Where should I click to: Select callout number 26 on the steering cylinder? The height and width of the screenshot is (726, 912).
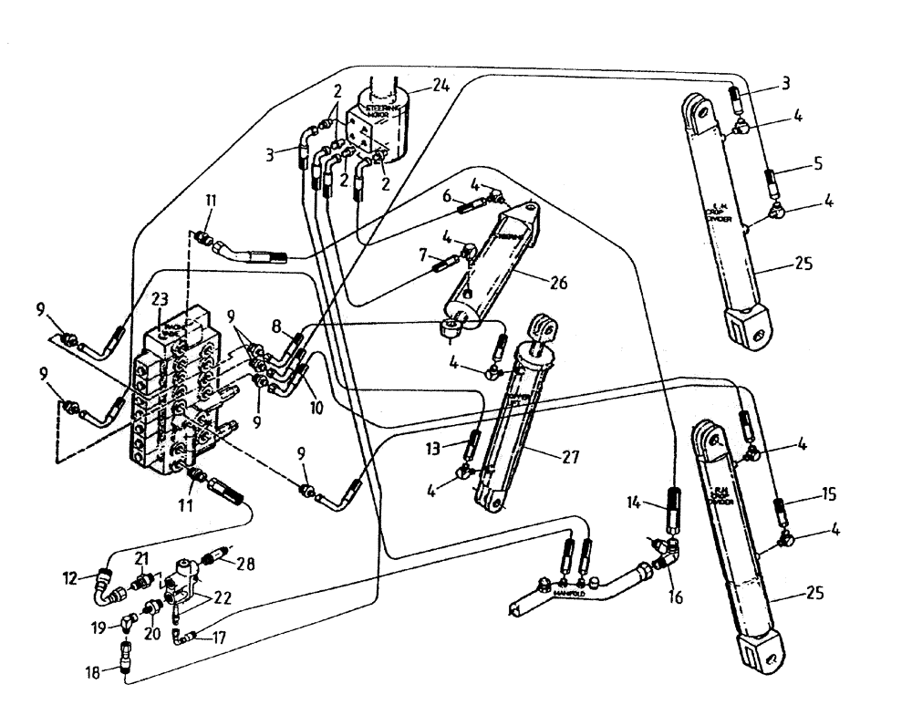(558, 285)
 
